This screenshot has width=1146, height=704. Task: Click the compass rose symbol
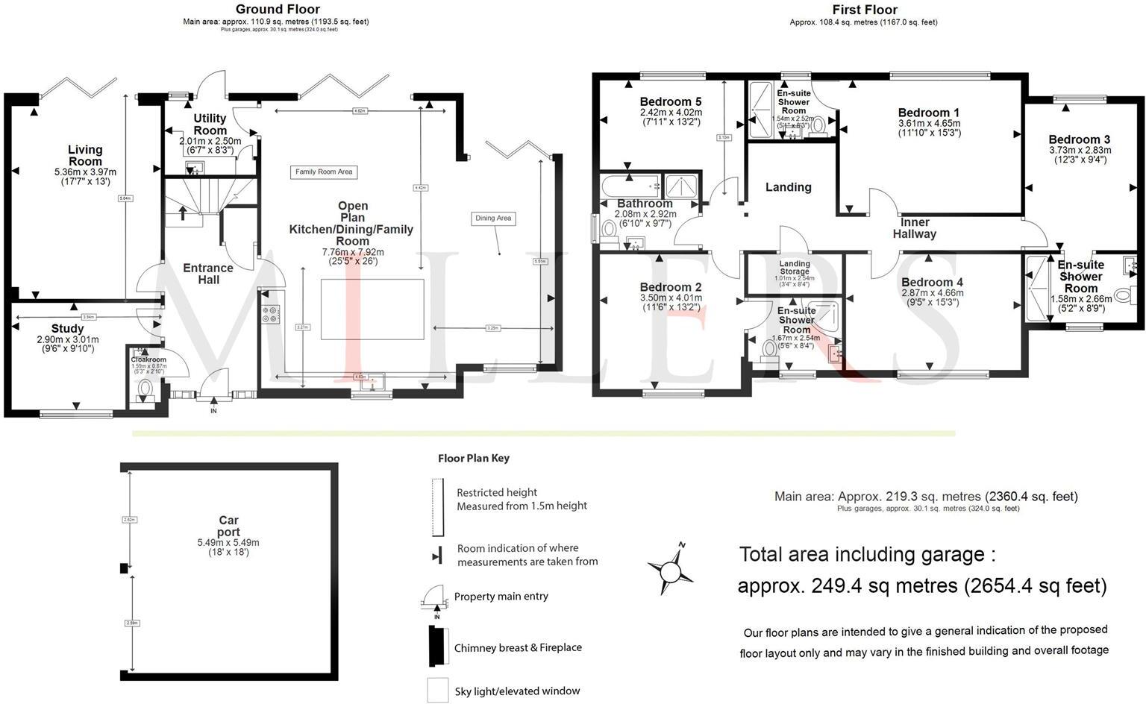pyautogui.click(x=669, y=569)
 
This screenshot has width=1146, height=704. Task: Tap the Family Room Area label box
pyautogui.click(x=324, y=172)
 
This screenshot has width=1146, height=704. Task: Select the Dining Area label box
pyautogui.click(x=493, y=219)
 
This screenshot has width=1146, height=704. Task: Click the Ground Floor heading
pyautogui.click(x=278, y=10)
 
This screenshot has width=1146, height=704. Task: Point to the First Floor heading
pyautogui.click(x=865, y=10)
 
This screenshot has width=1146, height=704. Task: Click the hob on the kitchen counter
pyautogui.click(x=269, y=315)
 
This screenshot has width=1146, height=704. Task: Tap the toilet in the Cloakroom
pyautogui.click(x=144, y=388)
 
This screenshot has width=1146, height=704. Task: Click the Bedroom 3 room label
pyautogui.click(x=1079, y=139)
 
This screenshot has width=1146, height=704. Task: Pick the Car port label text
pyautogui.click(x=228, y=527)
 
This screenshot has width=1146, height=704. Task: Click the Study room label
pyautogui.click(x=67, y=329)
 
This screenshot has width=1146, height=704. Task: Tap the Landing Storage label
pyautogui.click(x=795, y=268)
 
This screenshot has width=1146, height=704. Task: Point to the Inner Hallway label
pyautogui.click(x=915, y=227)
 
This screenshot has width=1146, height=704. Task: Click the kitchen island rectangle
pyautogui.click(x=372, y=309)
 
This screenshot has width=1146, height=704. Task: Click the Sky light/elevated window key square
pyautogui.click(x=437, y=690)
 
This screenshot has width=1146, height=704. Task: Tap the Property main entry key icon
pyautogui.click(x=433, y=597)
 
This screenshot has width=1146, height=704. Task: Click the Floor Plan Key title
pyautogui.click(x=474, y=458)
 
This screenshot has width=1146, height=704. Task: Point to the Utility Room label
pyautogui.click(x=210, y=125)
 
